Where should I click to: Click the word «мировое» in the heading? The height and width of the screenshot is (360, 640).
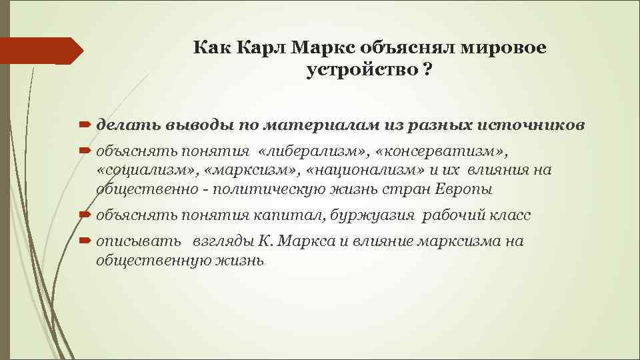510,49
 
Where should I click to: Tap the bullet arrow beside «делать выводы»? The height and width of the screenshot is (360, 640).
86,125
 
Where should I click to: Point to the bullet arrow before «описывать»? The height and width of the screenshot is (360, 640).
86,241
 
